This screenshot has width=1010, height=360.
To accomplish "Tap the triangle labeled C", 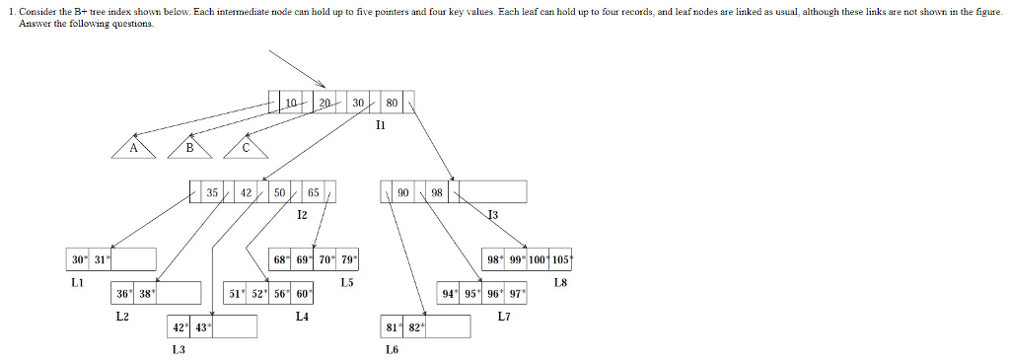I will [246, 148].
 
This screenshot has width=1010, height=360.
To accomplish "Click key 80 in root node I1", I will [392, 103].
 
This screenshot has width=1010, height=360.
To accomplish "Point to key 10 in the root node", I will [291, 103].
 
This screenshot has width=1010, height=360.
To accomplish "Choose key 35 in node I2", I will [212, 191].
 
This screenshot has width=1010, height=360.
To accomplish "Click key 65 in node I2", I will [313, 191].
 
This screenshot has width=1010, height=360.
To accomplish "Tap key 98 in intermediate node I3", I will [437, 191].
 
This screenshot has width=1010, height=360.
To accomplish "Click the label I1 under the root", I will [381, 125].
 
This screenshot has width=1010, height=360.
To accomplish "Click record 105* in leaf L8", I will [562, 259].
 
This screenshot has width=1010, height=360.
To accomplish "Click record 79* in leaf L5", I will [347, 259].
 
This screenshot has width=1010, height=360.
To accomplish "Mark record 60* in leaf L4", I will [303, 293].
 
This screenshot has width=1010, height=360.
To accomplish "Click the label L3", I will [179, 349].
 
